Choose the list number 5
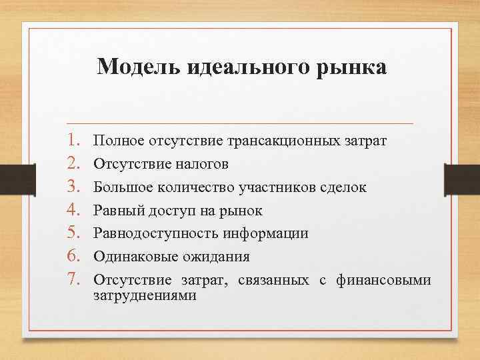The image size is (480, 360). (75, 233)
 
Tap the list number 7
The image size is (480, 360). (75, 280)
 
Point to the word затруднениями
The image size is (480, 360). (145, 295)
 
